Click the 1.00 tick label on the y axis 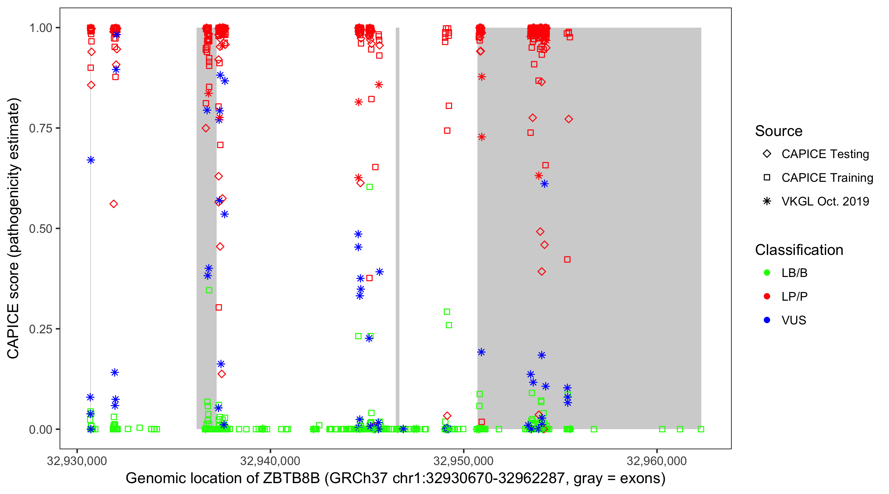(x=40, y=28)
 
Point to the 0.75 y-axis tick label (x=40, y=128)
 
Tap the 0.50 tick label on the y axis (x=40, y=229)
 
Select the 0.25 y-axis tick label (x=40, y=329)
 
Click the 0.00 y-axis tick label (x=40, y=429)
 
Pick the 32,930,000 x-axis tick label (x=77, y=461)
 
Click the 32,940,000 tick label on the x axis (x=270, y=461)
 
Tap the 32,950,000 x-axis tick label (x=464, y=461)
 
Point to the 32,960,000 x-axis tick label (x=657, y=461)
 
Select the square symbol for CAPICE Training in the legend (x=767, y=178)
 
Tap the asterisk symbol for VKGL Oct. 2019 (x=767, y=201)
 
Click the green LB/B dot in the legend (x=767, y=273)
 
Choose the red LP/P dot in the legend (x=767, y=296)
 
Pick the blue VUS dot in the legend (x=767, y=320)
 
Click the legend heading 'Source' (x=779, y=131)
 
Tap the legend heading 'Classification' (x=799, y=250)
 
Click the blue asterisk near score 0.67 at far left (x=91, y=160)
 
